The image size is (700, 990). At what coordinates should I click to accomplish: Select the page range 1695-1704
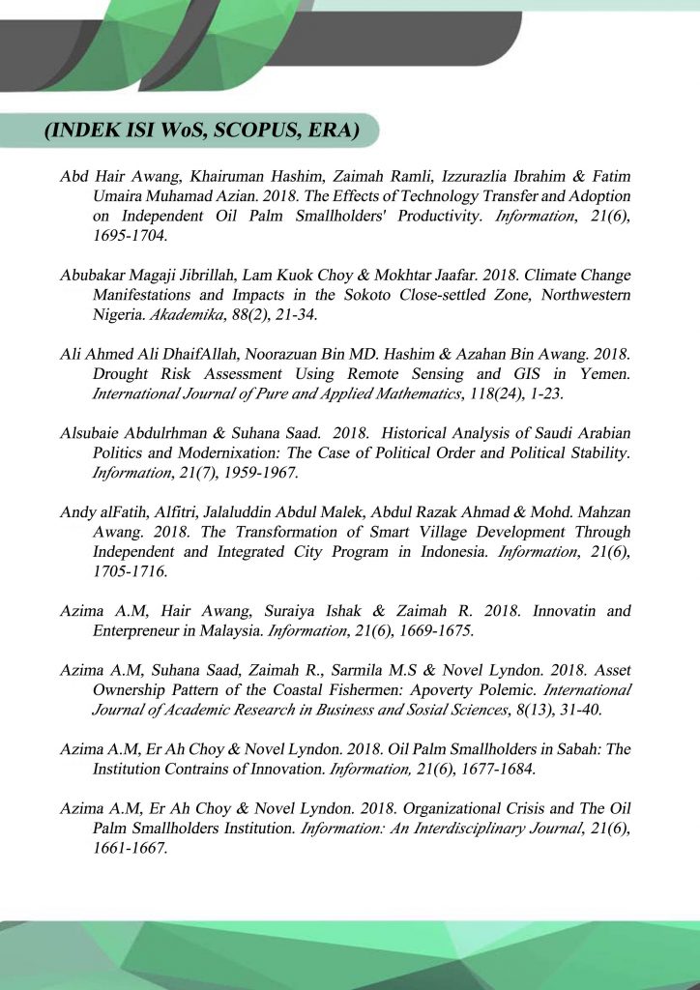tap(129, 235)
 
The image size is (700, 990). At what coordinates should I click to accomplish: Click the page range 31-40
tap(594, 711)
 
